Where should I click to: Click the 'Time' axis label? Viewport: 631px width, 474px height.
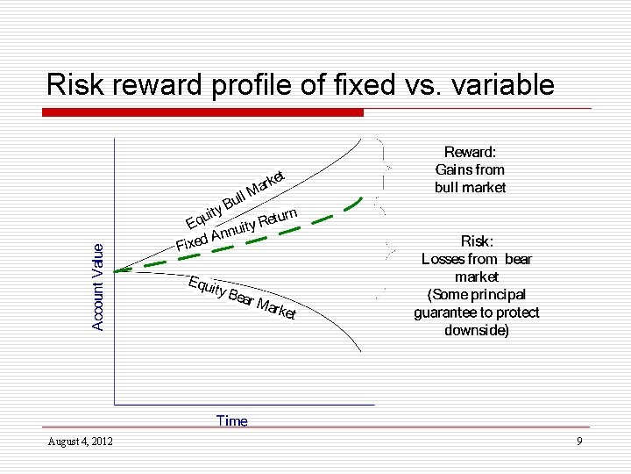[232, 421]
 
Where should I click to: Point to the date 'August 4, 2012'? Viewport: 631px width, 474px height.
[73, 441]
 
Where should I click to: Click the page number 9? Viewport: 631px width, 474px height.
[579, 441]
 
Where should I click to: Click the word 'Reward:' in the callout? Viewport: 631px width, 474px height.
[470, 153]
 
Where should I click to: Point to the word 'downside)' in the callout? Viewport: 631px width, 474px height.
[477, 330]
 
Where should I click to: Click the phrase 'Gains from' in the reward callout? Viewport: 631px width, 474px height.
[470, 170]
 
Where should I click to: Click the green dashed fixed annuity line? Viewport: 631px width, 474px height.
[263, 241]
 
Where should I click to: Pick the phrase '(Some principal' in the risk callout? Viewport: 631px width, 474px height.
[477, 295]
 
